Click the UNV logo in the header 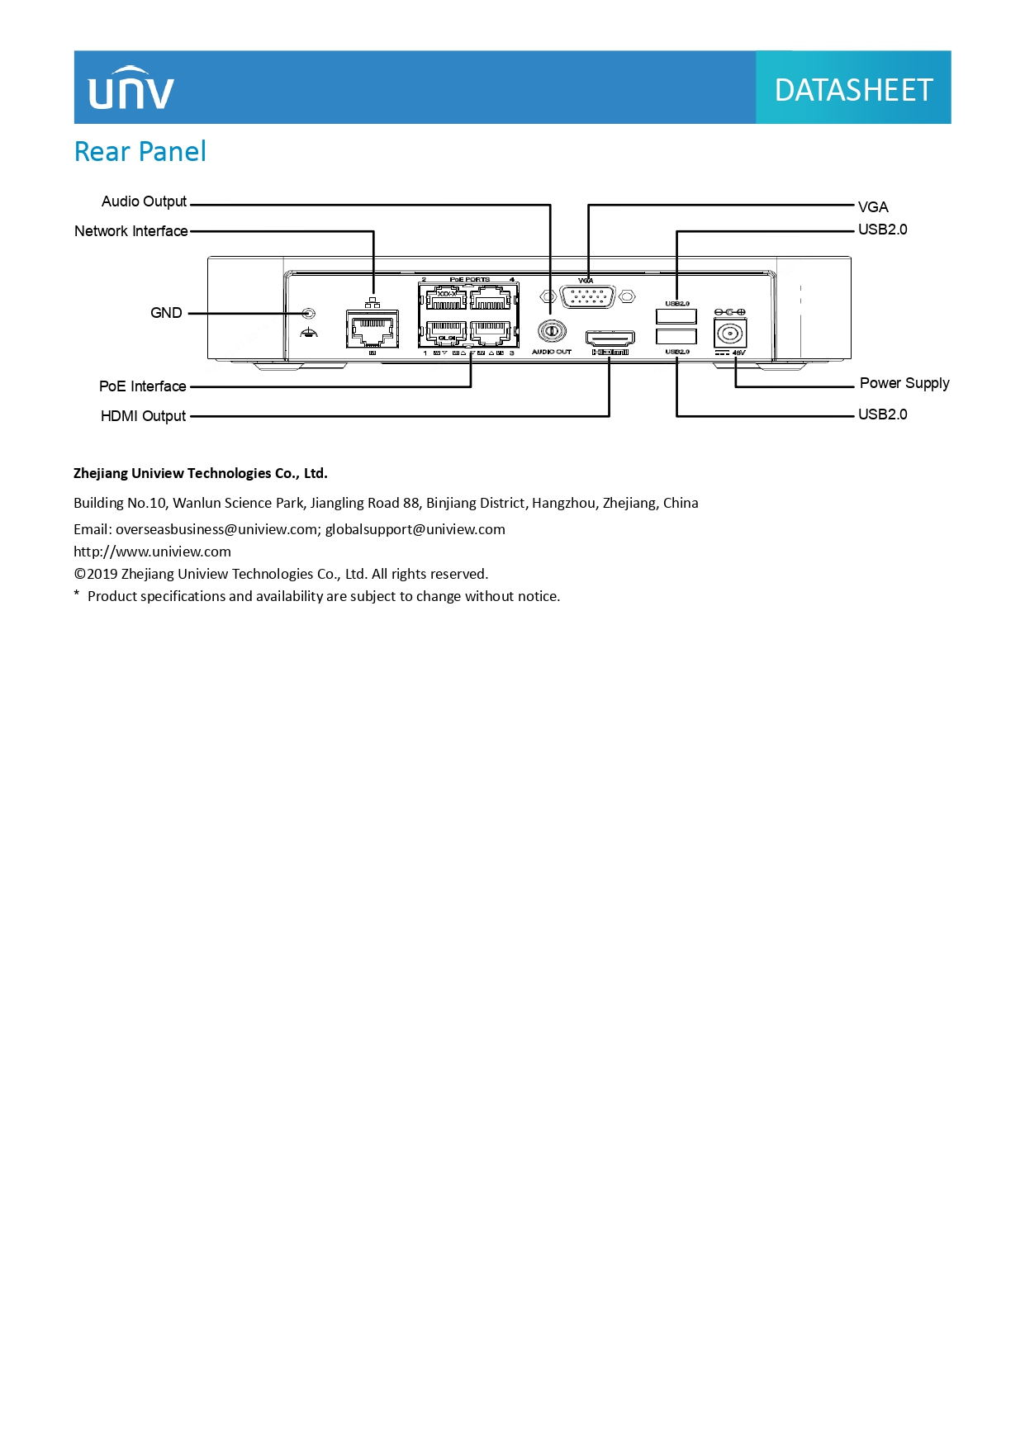point(131,88)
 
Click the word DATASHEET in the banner point(853,89)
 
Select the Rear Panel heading point(140,152)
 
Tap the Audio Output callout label point(144,201)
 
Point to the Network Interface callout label point(130,231)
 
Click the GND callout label point(166,313)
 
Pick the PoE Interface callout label point(142,386)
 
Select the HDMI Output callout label point(143,416)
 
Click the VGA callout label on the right point(873,207)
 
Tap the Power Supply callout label point(904,383)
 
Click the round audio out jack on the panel point(551,331)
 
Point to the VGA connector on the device point(587,296)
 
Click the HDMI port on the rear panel point(610,338)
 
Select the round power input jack point(729,334)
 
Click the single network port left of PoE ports point(372,329)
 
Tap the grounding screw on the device point(309,314)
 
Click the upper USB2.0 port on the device point(676,316)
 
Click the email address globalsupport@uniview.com point(415,529)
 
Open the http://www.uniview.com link point(152,552)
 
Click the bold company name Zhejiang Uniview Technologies point(200,473)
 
